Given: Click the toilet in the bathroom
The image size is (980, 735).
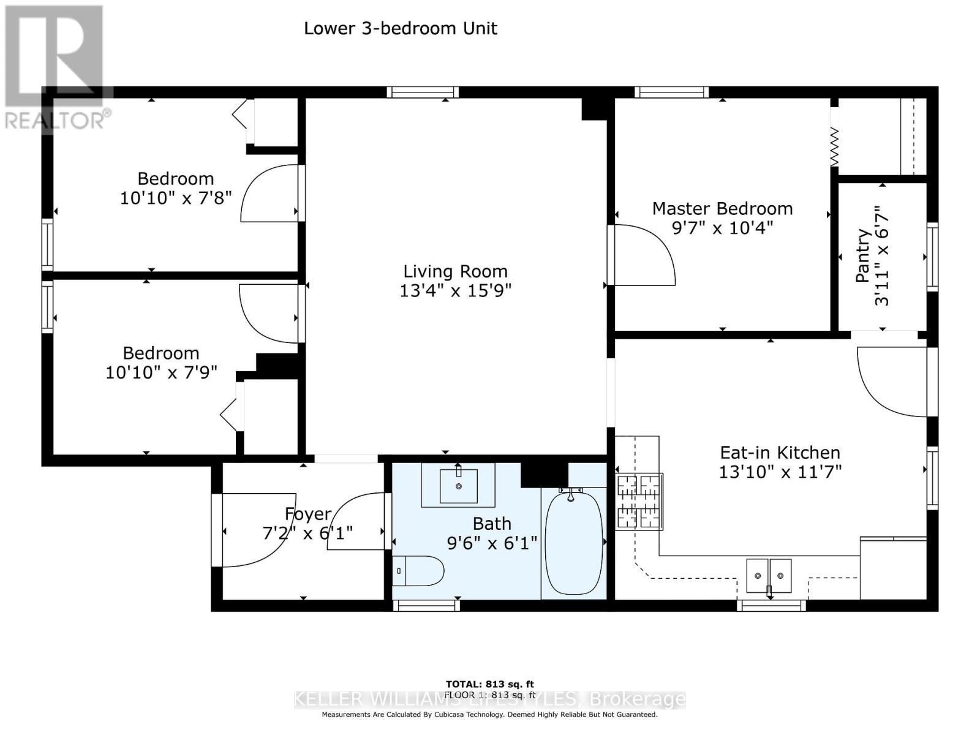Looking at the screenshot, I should pos(419,571).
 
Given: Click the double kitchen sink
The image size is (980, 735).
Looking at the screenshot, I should pos(768,576).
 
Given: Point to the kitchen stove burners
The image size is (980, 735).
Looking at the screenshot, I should pos(639,502).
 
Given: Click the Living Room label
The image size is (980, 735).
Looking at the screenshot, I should pos(455,271).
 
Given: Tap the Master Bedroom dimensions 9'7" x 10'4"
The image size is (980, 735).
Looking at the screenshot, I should pos(722,228).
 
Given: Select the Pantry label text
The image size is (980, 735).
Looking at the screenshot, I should pos(862,255).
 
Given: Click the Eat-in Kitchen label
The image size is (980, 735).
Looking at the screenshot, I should pos(780,453).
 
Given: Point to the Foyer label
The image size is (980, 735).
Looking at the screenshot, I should pos(308,514).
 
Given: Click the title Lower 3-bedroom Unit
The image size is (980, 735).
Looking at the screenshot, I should pos(401,28).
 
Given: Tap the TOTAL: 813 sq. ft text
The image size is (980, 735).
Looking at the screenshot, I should pos(489,684).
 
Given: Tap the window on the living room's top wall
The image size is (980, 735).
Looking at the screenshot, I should pos(423,92).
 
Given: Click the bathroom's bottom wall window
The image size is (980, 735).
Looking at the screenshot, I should pos(426,605).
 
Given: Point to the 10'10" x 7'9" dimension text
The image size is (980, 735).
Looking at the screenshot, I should pos(161,372).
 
